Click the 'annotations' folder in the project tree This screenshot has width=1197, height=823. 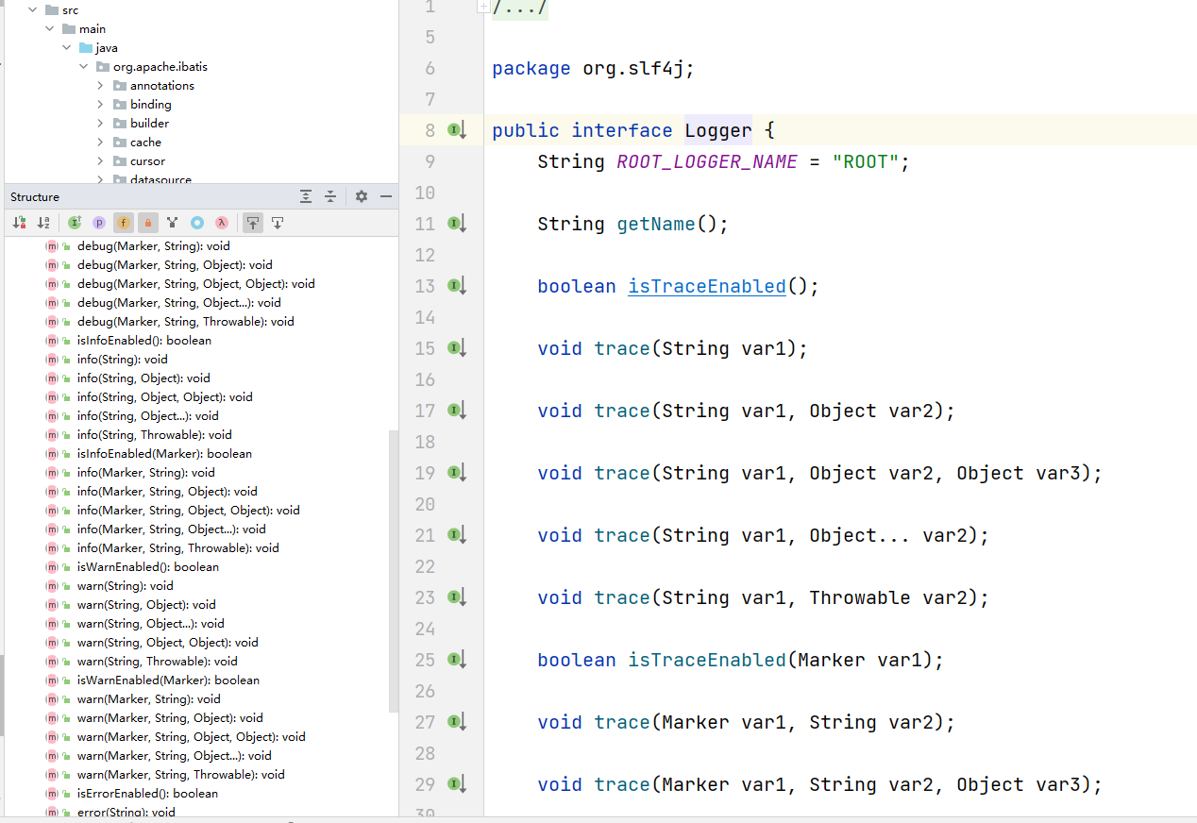pos(161,86)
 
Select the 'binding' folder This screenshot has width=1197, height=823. pos(150,105)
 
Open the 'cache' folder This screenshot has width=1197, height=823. pos(145,143)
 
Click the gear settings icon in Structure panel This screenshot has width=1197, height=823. pos(362,196)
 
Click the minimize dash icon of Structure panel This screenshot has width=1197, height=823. pos(385,196)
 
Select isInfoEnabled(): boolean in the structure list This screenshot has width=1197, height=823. pos(143,341)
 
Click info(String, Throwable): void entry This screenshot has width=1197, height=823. pos(154,435)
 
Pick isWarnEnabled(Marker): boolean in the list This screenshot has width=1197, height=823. pos(168,680)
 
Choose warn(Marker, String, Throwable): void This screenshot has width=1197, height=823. pos(180,775)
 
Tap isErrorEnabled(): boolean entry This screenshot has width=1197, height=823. pos(147,794)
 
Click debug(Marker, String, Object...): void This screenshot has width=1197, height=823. pos(178,303)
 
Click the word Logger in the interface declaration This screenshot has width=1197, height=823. pos(718,130)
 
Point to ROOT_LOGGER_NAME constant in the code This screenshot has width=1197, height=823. pos(707,161)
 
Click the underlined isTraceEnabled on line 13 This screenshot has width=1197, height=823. pos(707,286)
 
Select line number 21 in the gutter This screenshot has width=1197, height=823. pos(425,535)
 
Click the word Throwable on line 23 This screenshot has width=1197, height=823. pos(859,597)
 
